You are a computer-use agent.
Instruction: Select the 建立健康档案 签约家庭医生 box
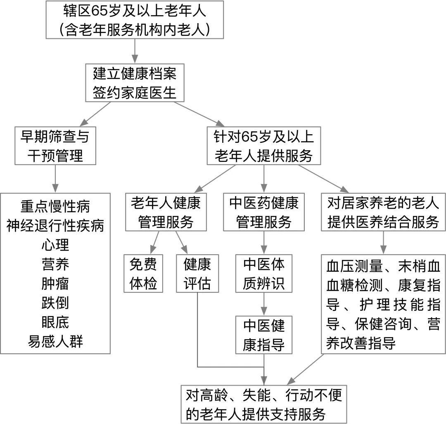click(134, 83)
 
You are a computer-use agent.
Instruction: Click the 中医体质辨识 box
click(264, 273)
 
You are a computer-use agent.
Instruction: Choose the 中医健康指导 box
click(264, 335)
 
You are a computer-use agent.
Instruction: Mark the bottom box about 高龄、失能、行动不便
click(264, 404)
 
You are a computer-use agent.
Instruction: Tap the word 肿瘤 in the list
click(55, 283)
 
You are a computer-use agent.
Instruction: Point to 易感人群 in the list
click(55, 341)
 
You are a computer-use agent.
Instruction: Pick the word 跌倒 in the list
click(55, 303)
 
